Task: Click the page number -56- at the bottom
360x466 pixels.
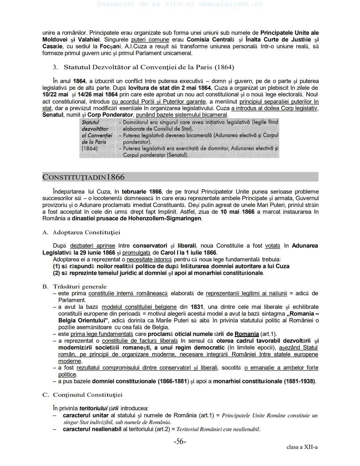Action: tap(180, 442)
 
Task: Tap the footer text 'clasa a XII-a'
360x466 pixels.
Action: tap(302, 447)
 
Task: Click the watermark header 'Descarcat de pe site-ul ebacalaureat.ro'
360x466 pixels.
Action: tap(180, 4)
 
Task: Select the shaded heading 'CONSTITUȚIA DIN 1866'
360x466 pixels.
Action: tap(83, 177)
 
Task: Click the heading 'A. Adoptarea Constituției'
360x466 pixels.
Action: tap(81, 232)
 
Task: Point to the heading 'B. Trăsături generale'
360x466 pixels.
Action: tap(75, 287)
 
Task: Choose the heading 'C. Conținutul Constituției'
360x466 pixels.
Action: tap(82, 395)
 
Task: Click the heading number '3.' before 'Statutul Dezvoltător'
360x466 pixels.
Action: tap(55, 67)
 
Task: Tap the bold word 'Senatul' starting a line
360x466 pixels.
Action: tap(53, 115)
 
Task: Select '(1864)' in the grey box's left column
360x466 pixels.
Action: tap(89, 148)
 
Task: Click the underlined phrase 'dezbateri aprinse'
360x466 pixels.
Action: tap(92, 246)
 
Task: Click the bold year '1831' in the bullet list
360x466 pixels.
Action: tap(197, 307)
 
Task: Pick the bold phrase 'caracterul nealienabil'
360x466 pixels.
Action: tap(92, 429)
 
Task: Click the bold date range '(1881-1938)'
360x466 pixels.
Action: tap(299, 381)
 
